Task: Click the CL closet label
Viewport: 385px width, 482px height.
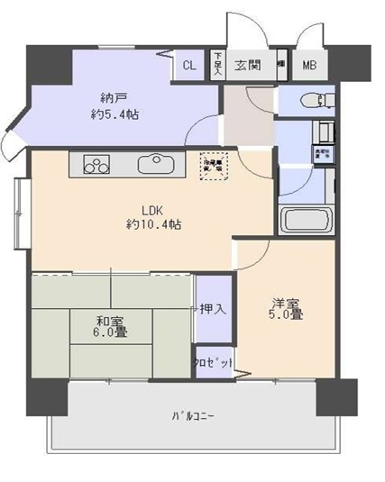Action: click(x=189, y=65)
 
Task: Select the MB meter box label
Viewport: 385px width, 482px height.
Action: click(x=309, y=65)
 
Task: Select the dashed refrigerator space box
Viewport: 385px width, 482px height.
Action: click(x=215, y=164)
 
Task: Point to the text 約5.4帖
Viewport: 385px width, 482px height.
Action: click(x=113, y=114)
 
